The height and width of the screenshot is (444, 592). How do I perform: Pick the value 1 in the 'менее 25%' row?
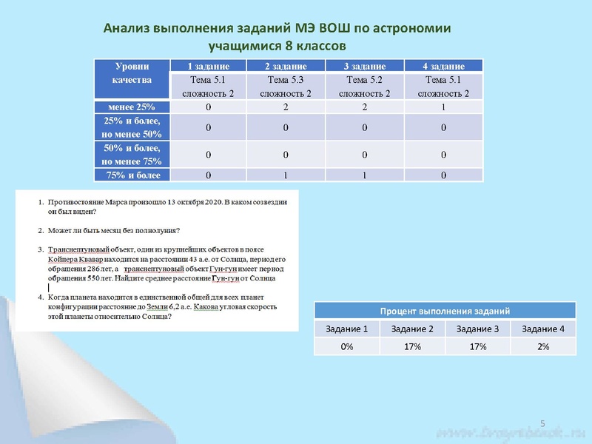[443, 107]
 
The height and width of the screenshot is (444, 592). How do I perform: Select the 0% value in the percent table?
[346, 346]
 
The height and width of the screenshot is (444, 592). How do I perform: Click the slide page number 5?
[542, 423]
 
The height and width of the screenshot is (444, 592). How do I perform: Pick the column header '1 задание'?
[209, 67]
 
